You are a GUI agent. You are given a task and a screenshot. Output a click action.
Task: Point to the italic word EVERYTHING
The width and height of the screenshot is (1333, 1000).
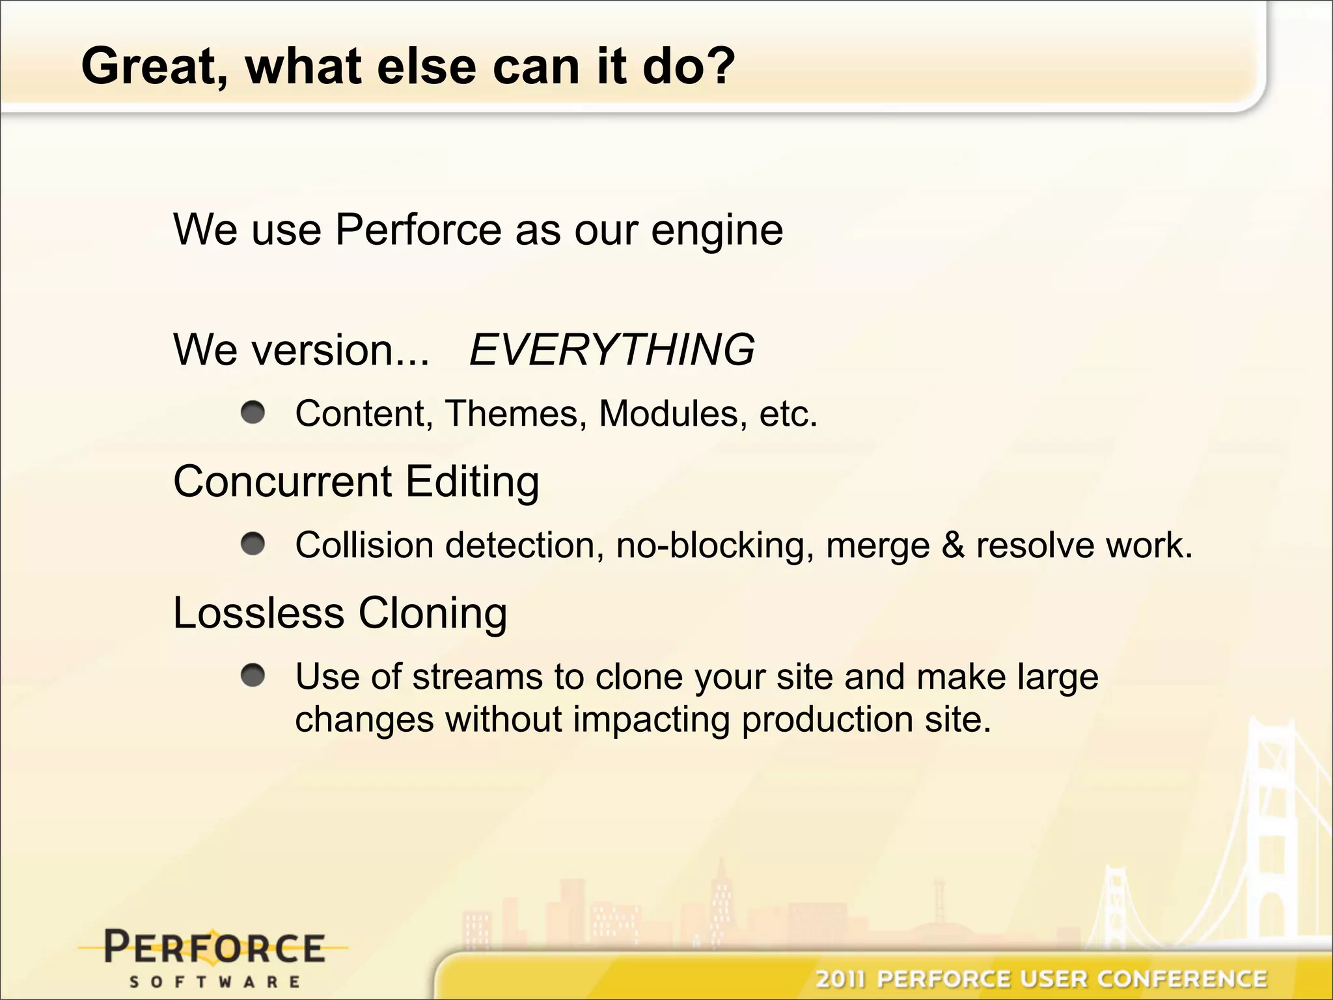click(611, 350)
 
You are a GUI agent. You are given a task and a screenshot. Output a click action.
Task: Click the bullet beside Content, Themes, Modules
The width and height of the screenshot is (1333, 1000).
click(253, 412)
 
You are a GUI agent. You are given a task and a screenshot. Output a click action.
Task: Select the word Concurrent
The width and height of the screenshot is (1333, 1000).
click(282, 481)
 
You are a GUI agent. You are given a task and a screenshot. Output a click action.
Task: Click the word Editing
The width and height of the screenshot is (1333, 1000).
click(472, 482)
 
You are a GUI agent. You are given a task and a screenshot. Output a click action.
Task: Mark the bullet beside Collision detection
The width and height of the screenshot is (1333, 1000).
click(253, 544)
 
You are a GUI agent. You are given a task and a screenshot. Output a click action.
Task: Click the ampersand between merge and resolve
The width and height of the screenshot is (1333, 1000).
click(953, 545)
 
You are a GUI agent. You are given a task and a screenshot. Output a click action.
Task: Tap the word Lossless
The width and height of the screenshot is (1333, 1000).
click(258, 613)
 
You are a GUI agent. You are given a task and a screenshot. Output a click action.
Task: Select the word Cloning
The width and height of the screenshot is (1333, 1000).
click(432, 614)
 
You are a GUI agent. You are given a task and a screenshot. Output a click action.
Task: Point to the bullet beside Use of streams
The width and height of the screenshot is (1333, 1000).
click(253, 676)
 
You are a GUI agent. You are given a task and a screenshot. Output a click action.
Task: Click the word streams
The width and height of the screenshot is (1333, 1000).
click(477, 676)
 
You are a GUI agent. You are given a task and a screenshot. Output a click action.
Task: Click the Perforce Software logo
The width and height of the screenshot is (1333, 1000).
click(214, 956)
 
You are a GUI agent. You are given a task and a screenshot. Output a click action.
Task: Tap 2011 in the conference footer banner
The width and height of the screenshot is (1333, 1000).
click(841, 979)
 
